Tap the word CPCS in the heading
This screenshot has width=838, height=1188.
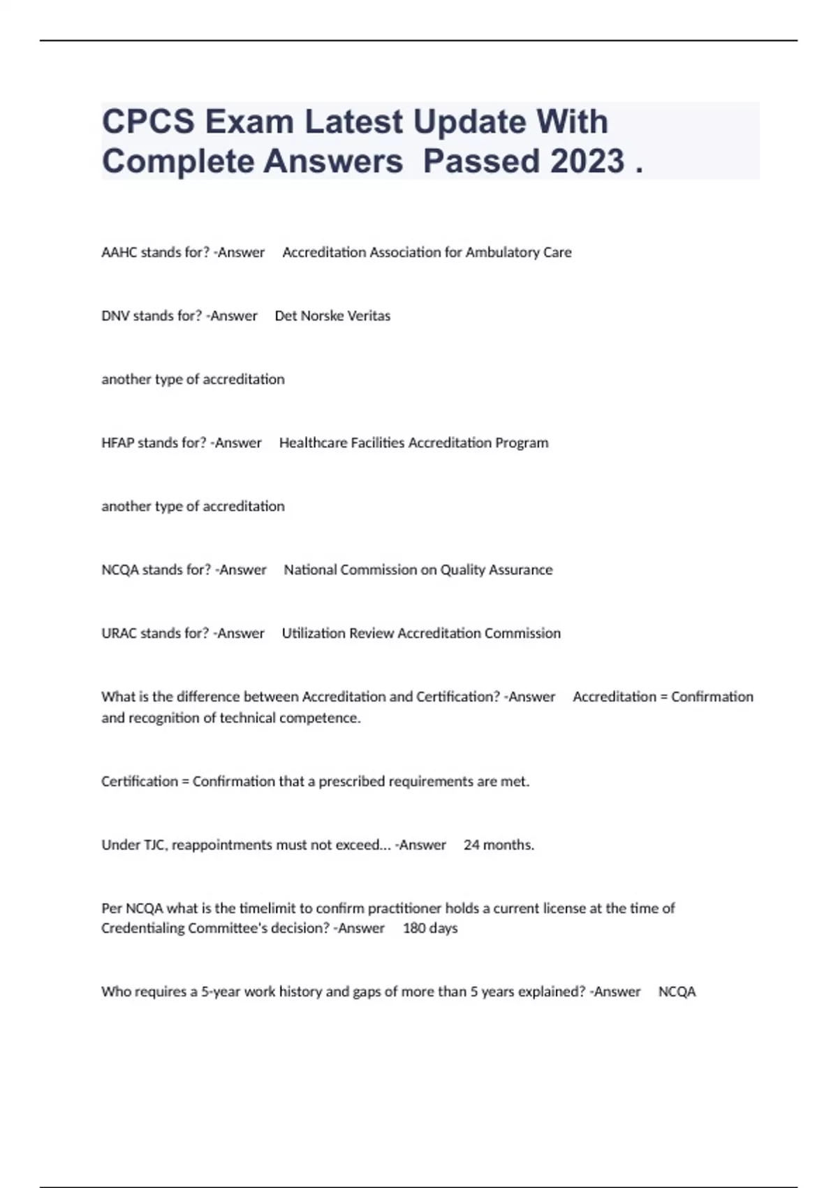pos(148,122)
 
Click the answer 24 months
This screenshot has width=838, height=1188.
pos(499,845)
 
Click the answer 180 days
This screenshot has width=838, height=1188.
pos(430,928)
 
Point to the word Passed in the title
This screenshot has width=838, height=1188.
pos(481,161)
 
